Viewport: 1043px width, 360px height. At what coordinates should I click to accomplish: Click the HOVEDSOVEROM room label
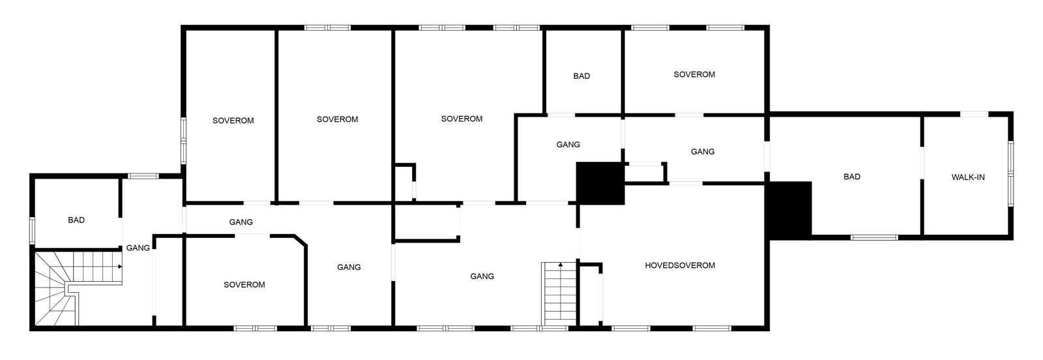tap(680, 265)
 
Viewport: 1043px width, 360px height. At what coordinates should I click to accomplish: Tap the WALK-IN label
tap(968, 177)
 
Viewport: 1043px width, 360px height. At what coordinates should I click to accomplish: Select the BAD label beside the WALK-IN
tap(852, 177)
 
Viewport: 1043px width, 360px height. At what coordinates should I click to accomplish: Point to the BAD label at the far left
tap(76, 220)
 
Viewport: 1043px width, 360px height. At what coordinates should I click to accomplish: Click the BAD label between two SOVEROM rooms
tap(581, 76)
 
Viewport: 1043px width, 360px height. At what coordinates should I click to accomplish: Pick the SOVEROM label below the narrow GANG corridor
tap(244, 285)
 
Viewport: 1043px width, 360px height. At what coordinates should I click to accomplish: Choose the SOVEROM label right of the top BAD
tap(694, 74)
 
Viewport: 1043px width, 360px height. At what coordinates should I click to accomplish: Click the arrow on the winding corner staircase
tap(119, 267)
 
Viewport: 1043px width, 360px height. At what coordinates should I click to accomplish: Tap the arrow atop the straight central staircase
tap(560, 265)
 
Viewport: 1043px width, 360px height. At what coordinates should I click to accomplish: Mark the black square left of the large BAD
tap(789, 207)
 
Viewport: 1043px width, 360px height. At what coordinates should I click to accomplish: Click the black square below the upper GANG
tap(600, 183)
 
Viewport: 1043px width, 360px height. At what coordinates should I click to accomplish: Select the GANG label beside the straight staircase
tap(482, 277)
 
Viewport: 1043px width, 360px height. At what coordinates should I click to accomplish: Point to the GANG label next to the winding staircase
tap(138, 248)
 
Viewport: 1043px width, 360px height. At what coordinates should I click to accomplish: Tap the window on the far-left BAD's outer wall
tap(31, 230)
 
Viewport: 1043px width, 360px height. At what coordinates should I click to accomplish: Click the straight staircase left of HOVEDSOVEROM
tap(559, 293)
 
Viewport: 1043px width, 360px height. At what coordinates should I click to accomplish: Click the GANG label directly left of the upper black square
tap(568, 145)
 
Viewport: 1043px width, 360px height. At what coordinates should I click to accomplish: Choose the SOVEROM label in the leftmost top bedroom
tap(233, 121)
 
